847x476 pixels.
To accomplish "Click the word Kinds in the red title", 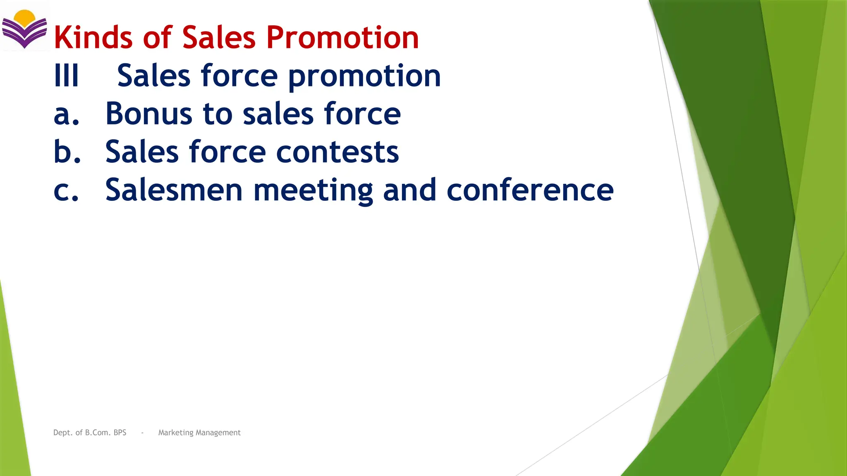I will (x=93, y=37).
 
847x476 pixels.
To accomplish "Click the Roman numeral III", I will (x=66, y=76).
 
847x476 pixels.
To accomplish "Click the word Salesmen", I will (x=174, y=190).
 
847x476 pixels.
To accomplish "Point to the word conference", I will (x=530, y=190).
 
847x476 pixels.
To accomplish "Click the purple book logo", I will (x=24, y=33).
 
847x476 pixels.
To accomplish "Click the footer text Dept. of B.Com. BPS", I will (x=90, y=433).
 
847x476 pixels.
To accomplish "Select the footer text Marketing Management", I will (x=199, y=433).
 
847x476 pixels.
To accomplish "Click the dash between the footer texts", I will (x=142, y=433).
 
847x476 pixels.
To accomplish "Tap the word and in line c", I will (x=409, y=190).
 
